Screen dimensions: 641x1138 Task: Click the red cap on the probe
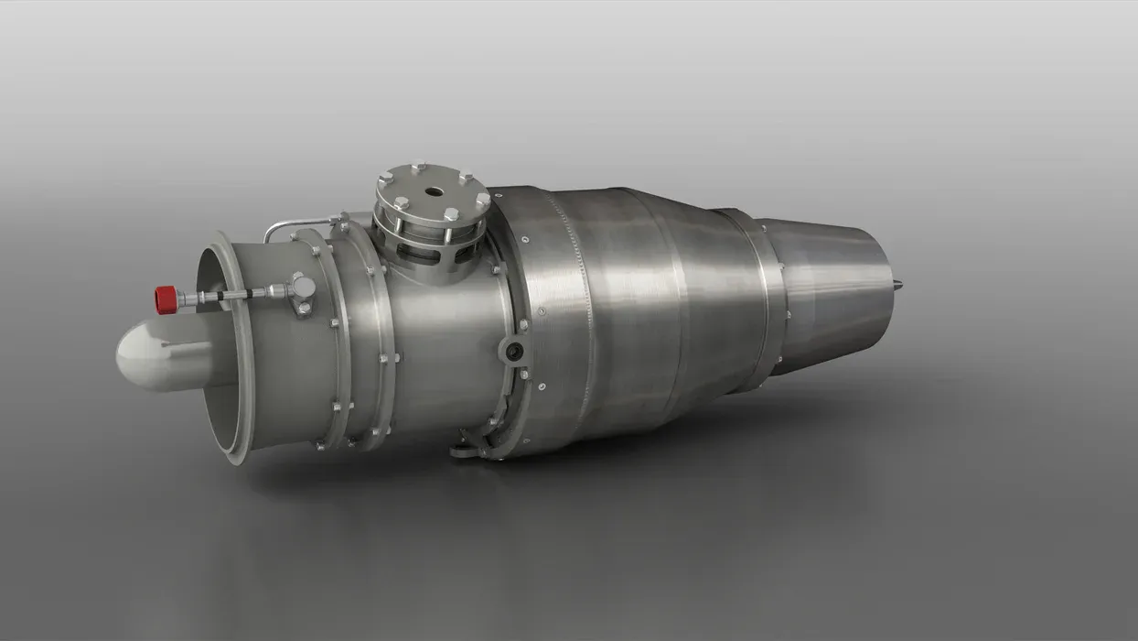pos(166,299)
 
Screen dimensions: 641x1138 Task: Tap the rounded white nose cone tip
pos(128,358)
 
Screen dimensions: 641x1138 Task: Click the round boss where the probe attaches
pos(303,288)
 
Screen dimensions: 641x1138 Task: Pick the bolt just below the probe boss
pos(303,309)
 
